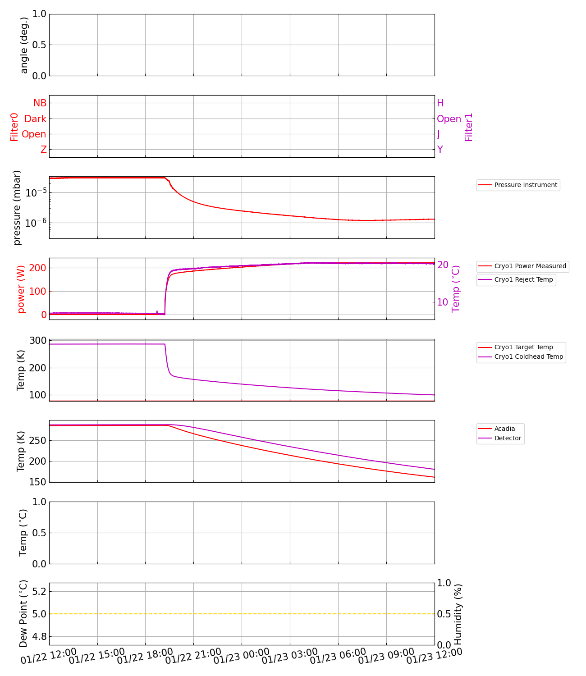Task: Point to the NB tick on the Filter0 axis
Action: [40, 103]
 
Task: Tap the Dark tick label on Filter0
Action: [36, 119]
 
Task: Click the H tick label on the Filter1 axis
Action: [440, 103]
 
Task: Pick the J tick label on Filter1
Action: [439, 134]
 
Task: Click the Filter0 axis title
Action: [14, 127]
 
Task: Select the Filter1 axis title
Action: [469, 127]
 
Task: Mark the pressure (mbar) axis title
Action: [17, 207]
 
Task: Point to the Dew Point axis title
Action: [23, 613]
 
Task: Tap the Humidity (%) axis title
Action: [458, 614]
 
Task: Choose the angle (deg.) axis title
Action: [24, 45]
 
